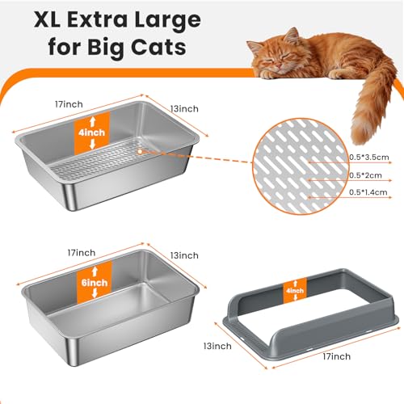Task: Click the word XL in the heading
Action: point(47,19)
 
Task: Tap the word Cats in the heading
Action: point(158,47)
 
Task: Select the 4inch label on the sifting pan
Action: point(92,133)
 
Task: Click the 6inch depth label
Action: point(95,283)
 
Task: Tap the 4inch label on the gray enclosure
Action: point(295,291)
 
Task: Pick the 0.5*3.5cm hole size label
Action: point(369,157)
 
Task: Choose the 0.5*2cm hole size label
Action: point(365,175)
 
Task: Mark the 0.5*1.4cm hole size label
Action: point(368,192)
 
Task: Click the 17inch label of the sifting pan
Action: point(69,104)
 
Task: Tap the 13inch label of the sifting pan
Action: point(184,109)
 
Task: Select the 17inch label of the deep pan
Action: point(82,253)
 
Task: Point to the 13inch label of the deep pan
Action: point(184,255)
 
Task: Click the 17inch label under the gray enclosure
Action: point(337,356)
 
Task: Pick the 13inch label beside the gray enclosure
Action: point(217,346)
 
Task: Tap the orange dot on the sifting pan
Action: point(140,152)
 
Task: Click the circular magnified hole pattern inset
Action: point(301,166)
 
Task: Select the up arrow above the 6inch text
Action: point(95,271)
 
